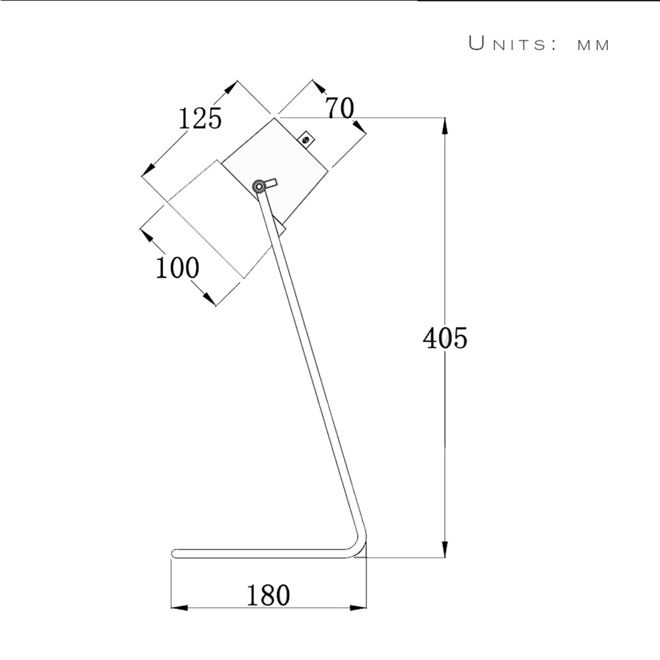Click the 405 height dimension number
445,339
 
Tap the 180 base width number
269,595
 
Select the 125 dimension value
200,119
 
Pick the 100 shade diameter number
177,269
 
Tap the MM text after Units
593,46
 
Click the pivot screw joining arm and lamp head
259,186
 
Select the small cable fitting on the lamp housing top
305,138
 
